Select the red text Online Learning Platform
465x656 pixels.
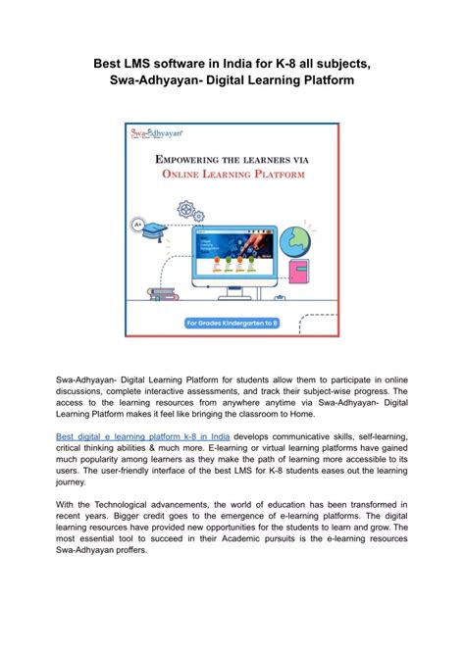(x=232, y=175)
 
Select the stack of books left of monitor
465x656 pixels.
(x=163, y=293)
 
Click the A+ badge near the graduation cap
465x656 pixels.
(x=139, y=225)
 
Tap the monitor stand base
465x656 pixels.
(x=233, y=298)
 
